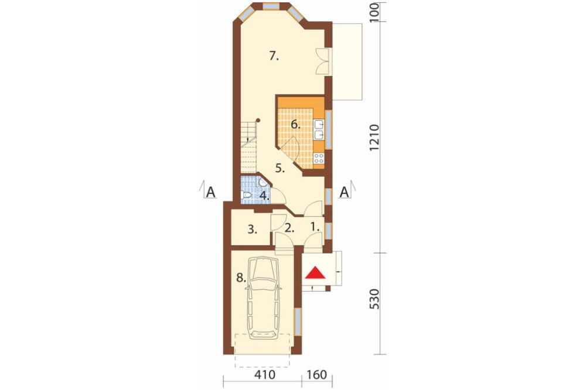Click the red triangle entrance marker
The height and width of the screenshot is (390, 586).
316,273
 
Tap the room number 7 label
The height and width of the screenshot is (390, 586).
274,56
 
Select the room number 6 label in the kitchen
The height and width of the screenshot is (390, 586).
295,124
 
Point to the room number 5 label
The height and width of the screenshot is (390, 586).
280,168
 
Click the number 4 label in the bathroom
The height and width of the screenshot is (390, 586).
265,196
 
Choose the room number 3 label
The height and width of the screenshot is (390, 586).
252,229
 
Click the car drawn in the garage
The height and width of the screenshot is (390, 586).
264,297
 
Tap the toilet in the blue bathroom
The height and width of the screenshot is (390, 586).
246,195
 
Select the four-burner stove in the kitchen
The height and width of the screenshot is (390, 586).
319,158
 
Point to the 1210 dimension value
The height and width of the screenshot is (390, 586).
374,138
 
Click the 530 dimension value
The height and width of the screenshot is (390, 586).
374,299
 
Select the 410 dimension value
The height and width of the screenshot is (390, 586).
265,374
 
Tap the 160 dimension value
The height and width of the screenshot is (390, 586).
317,374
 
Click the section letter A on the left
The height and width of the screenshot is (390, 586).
211,192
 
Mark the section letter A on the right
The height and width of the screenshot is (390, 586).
344,192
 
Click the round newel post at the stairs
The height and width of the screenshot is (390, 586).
258,120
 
